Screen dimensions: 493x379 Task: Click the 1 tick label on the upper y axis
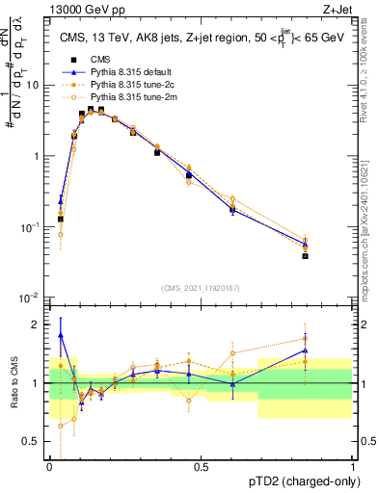(x=35, y=156)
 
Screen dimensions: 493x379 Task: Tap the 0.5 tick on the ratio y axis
(x=31, y=442)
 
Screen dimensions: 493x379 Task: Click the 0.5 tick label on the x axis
(x=201, y=466)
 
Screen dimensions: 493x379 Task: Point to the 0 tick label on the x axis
(x=49, y=466)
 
